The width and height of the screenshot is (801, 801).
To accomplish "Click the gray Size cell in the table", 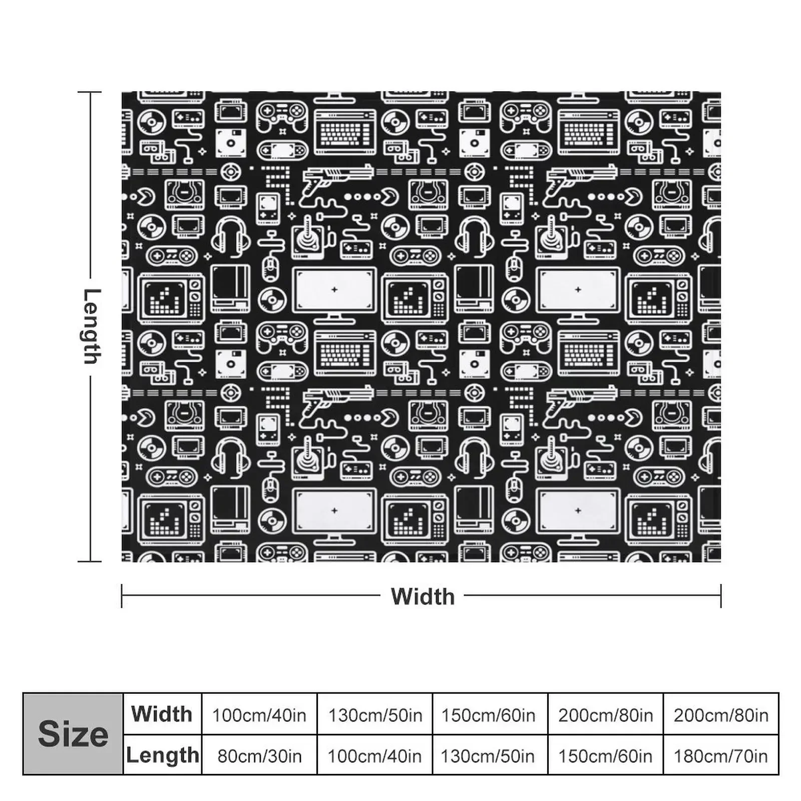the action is point(73,734).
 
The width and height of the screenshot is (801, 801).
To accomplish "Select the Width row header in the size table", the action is point(162,714).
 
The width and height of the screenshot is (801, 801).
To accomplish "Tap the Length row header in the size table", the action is point(162,755).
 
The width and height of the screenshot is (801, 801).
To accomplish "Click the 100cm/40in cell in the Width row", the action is point(259,715).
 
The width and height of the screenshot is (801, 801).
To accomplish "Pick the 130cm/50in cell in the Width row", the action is point(375,715).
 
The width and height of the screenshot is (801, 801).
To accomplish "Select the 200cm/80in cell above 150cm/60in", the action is point(605,715).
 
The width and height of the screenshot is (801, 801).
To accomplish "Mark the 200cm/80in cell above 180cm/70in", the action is point(721,715).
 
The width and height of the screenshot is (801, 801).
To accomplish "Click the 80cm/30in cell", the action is point(259,755).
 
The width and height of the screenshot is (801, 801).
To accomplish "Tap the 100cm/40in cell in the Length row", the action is point(375,755).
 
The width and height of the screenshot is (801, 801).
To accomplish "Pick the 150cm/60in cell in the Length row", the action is point(605,755).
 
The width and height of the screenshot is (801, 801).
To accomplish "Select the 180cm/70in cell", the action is point(721,755).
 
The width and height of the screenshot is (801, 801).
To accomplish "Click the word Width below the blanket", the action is point(423,596).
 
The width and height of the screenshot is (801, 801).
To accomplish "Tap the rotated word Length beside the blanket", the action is point(91,326).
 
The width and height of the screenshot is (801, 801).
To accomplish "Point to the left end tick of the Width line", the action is point(122,596).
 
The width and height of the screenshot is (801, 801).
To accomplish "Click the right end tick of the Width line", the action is point(721,596).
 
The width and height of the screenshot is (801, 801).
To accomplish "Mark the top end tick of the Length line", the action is point(90,92).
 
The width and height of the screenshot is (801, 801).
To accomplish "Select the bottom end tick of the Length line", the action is point(90,561).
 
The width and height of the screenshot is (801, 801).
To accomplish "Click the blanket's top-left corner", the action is point(123,93).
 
